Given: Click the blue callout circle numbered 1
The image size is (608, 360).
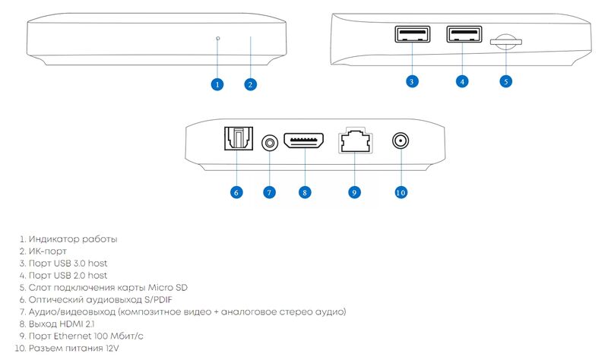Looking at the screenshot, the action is click(217, 84).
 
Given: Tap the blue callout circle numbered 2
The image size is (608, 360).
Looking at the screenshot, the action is click(251, 84).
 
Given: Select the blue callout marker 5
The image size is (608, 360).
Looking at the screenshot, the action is click(505, 81).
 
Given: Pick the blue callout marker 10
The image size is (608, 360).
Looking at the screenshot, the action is click(401, 192).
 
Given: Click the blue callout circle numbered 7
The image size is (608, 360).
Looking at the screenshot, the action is click(269, 192).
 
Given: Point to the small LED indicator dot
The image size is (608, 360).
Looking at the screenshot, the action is click(218, 39).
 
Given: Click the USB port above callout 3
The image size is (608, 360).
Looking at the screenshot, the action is click(412, 34).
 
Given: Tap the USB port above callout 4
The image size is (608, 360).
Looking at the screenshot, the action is click(464, 34).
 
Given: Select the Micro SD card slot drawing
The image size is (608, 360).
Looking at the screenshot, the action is click(505, 42).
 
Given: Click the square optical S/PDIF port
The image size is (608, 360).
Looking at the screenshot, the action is click(239, 139).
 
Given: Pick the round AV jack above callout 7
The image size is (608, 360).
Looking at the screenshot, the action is click(270, 144).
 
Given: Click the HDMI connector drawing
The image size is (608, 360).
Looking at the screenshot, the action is click(304, 141).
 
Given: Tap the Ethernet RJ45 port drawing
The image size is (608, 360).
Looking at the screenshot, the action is click(355, 141).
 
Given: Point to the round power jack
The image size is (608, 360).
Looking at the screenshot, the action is click(401, 141).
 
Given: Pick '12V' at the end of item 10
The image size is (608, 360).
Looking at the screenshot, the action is click(112, 349).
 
